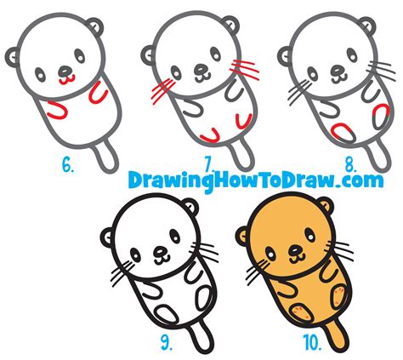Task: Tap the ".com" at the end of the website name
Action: [x=360, y=181]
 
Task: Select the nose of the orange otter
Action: [x=295, y=252]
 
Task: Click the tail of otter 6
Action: [x=107, y=157]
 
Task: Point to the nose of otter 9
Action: [x=159, y=252]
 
